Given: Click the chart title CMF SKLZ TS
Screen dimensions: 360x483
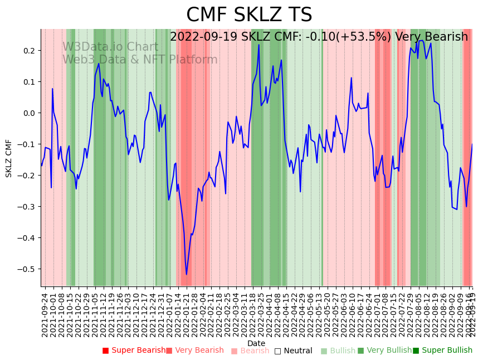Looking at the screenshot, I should [x=249, y=15].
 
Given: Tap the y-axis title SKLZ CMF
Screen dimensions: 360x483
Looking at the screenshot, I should [x=9, y=158].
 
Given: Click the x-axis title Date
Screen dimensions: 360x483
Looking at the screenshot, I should [x=256, y=343].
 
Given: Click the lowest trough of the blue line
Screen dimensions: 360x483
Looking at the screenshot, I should [x=187, y=274].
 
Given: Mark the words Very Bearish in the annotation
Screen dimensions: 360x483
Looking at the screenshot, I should [x=431, y=37].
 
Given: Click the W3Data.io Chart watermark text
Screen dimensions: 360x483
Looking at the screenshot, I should [x=110, y=47].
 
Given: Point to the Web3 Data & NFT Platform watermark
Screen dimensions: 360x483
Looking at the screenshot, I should [x=140, y=60].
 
